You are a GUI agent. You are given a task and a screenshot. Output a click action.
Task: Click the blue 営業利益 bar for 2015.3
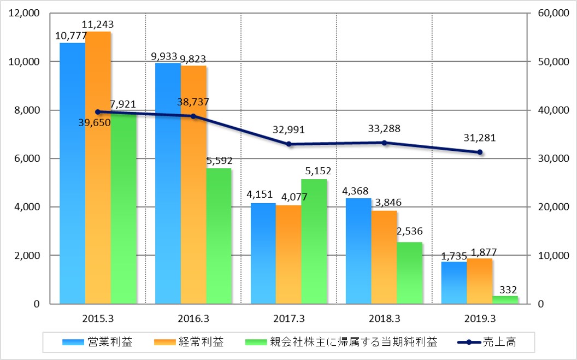pos(72,175)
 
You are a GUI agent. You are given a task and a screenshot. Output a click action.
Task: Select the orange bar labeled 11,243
pos(98,169)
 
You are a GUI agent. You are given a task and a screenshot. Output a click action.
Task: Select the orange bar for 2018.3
pos(384,257)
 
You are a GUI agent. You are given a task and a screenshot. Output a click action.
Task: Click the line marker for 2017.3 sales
pos(289,144)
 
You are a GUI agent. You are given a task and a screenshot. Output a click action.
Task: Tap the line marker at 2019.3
pos(480,152)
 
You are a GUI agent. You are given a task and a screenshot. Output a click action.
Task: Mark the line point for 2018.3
pos(384,143)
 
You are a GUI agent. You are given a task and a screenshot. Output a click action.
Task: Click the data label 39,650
pos(94,122)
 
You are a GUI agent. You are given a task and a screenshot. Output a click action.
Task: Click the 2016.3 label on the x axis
pos(193,318)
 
